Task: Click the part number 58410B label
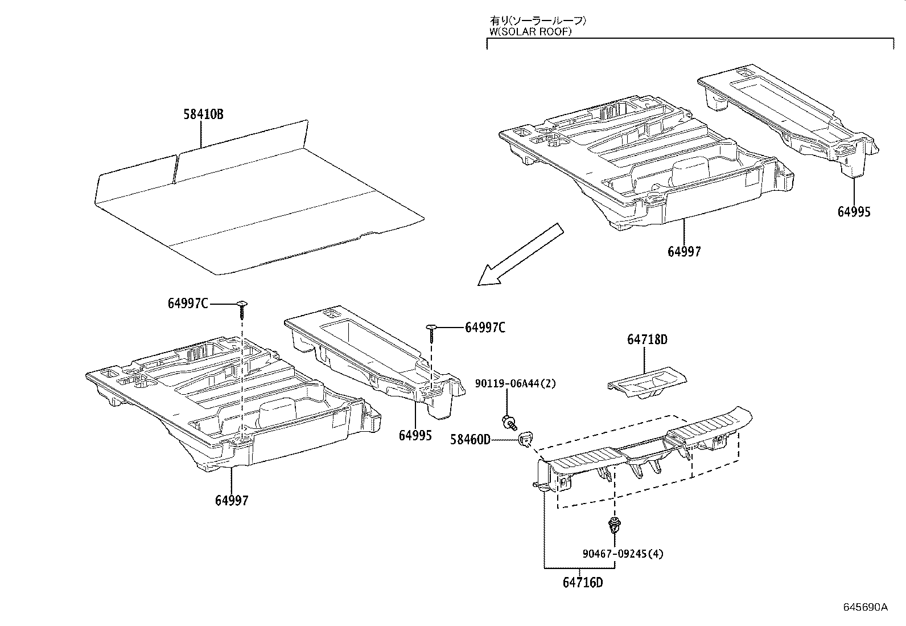point(203,114)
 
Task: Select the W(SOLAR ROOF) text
point(530,32)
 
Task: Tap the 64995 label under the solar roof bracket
point(854,212)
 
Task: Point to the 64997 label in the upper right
point(684,251)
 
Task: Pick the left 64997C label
point(187,304)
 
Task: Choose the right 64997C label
point(485,327)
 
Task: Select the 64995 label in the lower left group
point(415,436)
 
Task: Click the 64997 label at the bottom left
point(232,501)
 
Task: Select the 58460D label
point(470,439)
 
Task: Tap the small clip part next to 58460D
point(525,439)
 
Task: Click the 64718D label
point(647,340)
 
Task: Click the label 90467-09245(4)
point(623,554)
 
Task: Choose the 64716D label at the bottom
point(583,583)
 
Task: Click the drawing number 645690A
point(865,607)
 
